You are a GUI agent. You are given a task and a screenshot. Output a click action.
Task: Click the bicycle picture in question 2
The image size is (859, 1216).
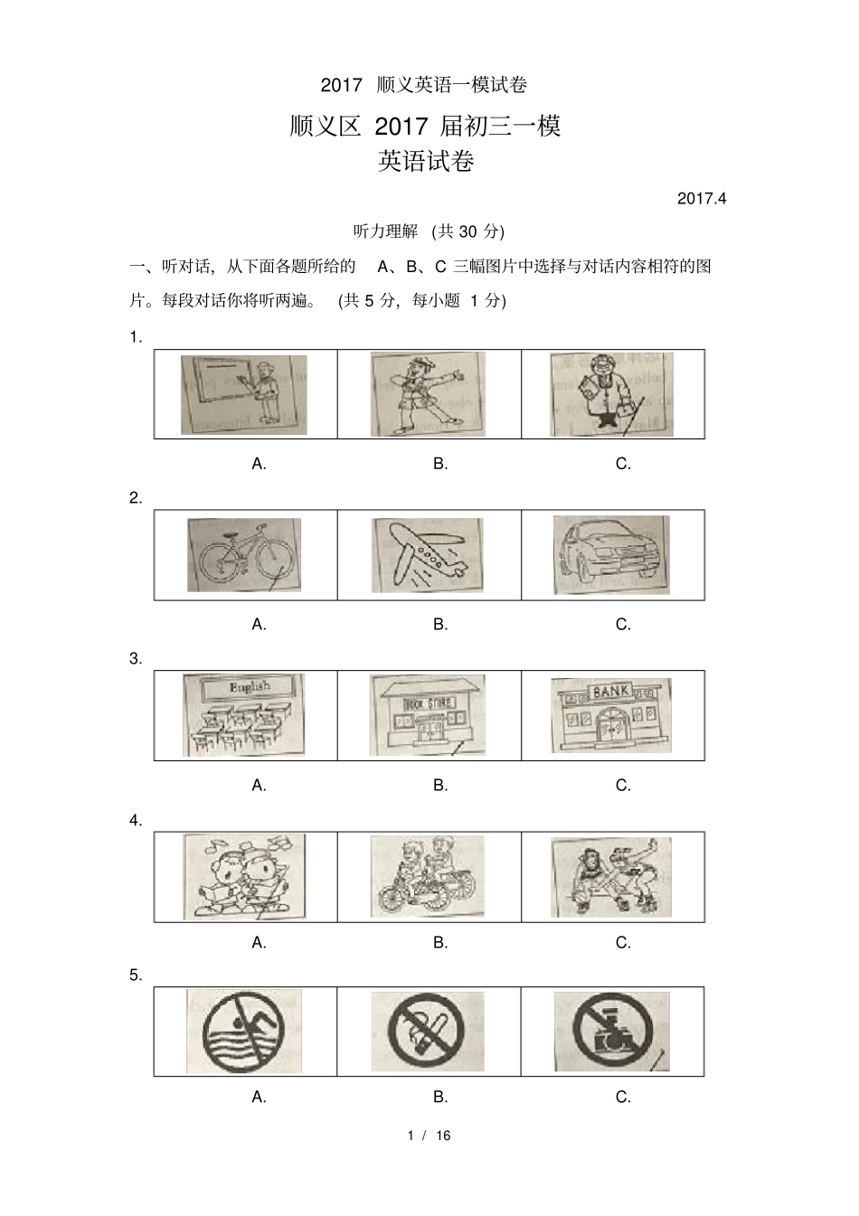(x=244, y=555)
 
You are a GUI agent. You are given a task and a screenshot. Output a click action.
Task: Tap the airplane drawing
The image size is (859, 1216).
(x=428, y=555)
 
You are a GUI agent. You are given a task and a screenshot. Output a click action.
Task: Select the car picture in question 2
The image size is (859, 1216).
(x=611, y=555)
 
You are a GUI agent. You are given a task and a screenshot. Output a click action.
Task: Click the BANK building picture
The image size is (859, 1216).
(x=611, y=716)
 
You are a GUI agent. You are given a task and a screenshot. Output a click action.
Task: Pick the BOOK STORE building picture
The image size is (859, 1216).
(x=427, y=715)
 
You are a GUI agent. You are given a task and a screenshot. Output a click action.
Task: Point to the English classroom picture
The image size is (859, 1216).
(x=244, y=715)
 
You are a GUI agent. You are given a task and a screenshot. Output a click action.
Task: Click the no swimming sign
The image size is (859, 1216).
(x=244, y=1032)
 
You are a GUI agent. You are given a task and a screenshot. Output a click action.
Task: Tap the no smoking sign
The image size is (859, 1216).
(x=427, y=1032)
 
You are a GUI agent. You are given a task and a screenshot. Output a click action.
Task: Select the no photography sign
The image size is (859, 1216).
(x=611, y=1032)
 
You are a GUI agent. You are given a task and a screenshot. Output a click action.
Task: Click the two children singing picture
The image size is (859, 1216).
(x=244, y=877)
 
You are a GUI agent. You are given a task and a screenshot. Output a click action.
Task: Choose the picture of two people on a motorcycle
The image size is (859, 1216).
(x=427, y=876)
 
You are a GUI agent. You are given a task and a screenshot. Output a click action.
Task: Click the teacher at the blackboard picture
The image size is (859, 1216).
(x=243, y=394)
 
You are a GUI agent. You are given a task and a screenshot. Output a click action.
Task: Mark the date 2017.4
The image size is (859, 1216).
(x=702, y=198)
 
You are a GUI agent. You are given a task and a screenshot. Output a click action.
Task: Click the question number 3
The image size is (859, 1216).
(x=136, y=658)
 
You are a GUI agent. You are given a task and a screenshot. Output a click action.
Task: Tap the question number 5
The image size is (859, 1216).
(x=136, y=975)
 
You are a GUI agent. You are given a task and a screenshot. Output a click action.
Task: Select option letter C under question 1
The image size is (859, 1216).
(x=623, y=464)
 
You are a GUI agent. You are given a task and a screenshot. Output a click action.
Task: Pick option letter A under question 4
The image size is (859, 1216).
(x=259, y=942)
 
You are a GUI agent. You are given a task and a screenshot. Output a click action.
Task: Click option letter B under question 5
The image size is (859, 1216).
(x=440, y=1097)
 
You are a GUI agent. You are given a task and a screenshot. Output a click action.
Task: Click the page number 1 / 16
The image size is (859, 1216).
(x=429, y=1136)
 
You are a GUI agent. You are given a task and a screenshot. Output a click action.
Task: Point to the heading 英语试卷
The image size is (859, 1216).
(x=426, y=162)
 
